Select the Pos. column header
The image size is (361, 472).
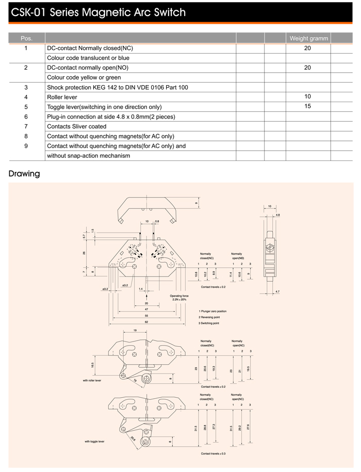click(26, 38)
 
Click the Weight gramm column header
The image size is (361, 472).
click(308, 38)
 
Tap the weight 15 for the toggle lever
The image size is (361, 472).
click(308, 107)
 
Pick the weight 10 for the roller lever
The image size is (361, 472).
click(308, 96)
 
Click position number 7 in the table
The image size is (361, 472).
click(26, 126)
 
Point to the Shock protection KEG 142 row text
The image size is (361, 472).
click(117, 87)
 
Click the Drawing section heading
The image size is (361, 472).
click(24, 174)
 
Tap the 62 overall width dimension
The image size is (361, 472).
click(146, 321)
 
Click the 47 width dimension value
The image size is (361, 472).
click(146, 308)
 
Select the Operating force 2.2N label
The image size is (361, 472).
click(179, 298)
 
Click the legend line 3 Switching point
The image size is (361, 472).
click(209, 322)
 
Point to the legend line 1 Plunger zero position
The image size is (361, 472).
click(212, 312)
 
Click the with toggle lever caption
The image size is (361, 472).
click(94, 442)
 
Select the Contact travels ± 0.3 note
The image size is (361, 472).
click(213, 453)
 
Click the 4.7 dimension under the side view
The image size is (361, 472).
click(277, 292)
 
